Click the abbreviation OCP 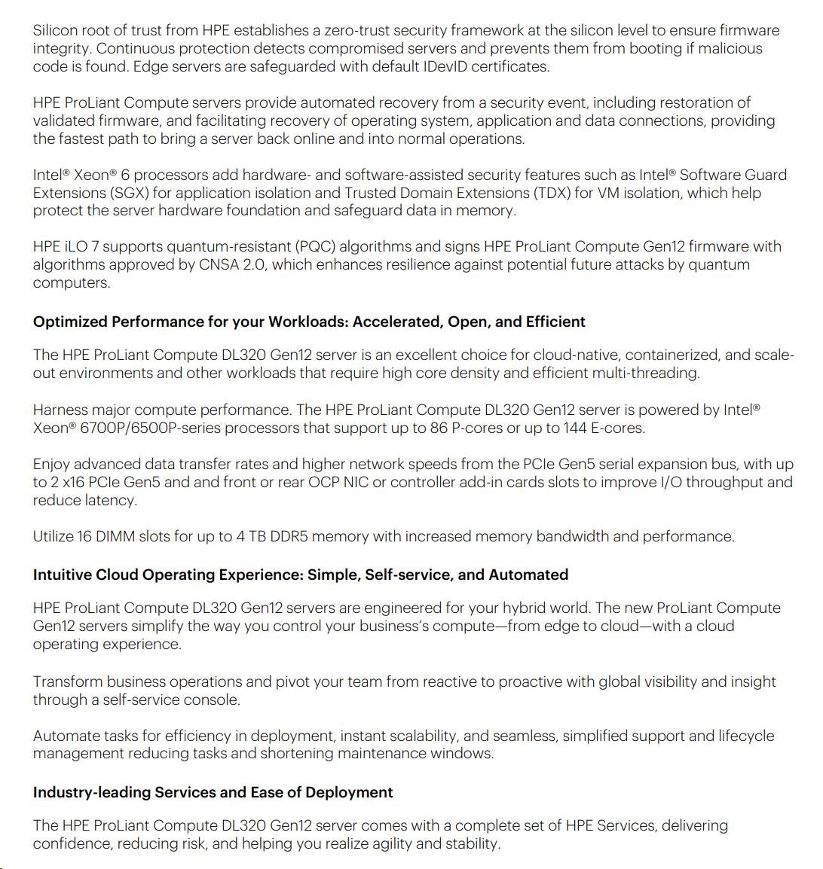(325, 482)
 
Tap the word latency (112, 500)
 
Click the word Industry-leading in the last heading (92, 792)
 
